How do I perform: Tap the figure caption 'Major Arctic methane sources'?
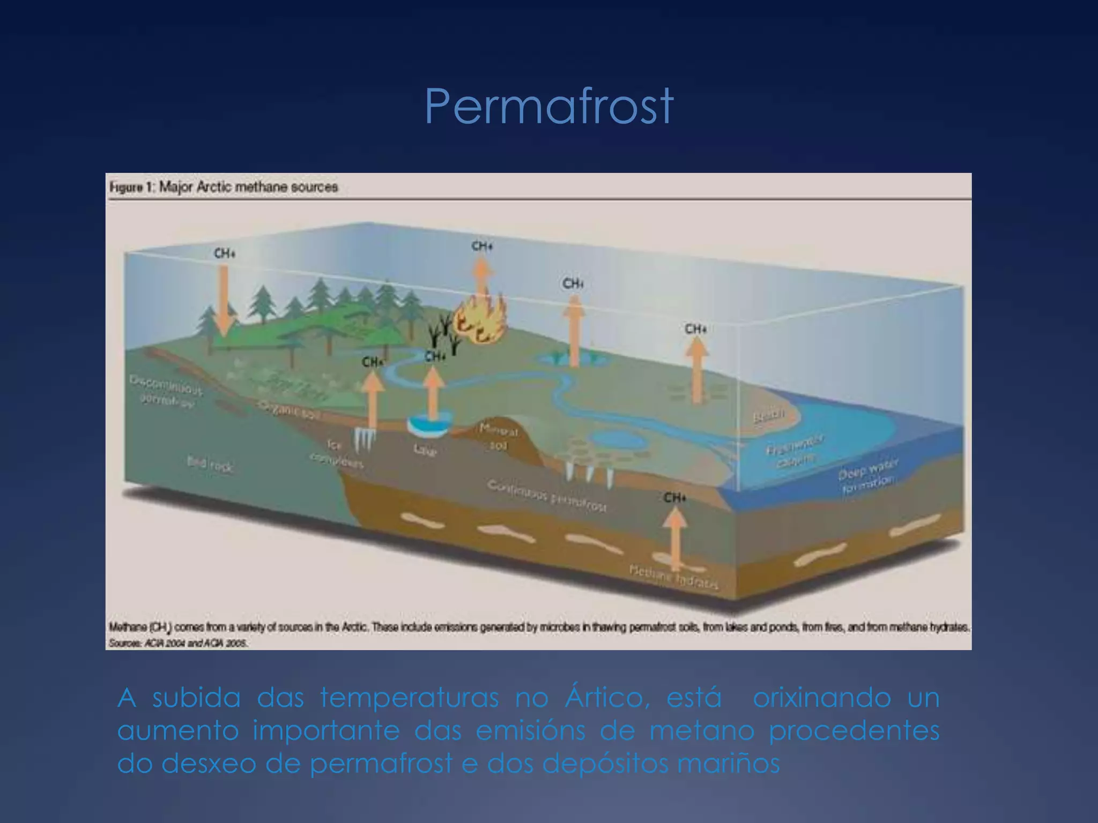point(224,187)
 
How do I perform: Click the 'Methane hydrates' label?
point(673,577)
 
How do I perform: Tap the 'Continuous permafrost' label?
point(547,496)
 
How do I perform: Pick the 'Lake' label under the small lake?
point(425,450)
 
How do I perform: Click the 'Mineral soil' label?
point(498,437)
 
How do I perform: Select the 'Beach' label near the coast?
point(768,415)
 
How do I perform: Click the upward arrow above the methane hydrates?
point(675,536)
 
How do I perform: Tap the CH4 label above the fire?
point(482,246)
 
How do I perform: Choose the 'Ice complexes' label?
point(336,453)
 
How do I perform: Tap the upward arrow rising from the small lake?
point(433,391)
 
